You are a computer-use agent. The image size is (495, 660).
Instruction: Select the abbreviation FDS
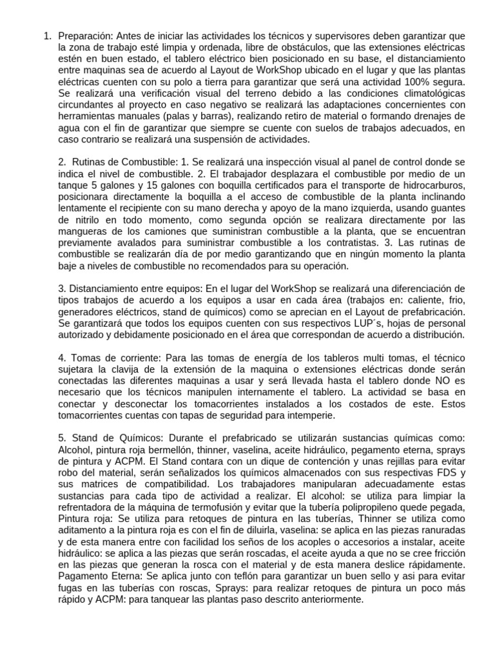pyautogui.click(x=431, y=472)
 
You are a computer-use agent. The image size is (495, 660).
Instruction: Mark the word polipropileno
pyautogui.click(x=371, y=507)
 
